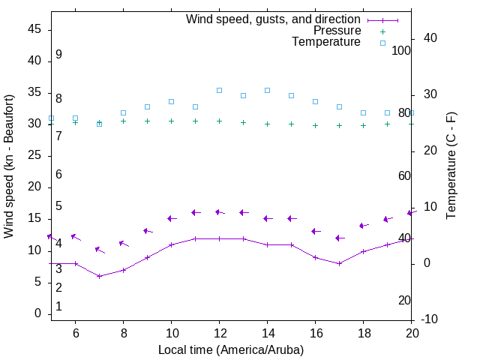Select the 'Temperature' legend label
(326, 42)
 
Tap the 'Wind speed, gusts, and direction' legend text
(274, 19)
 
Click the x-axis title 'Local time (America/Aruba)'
(231, 349)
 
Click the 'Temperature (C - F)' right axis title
(451, 166)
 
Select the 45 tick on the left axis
(34, 29)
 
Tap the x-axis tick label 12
(219, 332)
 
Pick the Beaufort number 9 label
(58, 55)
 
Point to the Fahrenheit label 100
(401, 50)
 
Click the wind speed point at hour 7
(99, 276)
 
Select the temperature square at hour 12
(219, 90)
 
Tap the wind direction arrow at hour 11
(195, 212)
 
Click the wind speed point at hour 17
(339, 263)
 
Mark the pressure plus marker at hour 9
(147, 121)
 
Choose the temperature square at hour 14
(267, 90)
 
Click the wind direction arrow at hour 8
(124, 243)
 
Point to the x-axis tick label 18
(363, 332)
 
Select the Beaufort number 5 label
(58, 206)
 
